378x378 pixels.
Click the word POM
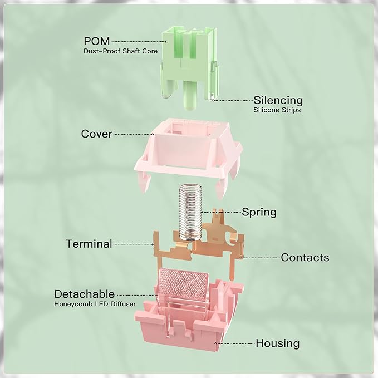tap(97, 41)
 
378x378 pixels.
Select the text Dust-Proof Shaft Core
tap(121, 51)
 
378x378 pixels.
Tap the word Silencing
tap(278, 101)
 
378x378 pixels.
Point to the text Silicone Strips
tap(277, 110)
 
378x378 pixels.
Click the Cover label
tap(97, 134)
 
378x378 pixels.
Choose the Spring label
tap(259, 213)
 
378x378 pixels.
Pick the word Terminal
tap(89, 244)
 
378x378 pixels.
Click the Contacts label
tap(305, 257)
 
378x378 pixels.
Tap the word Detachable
tap(85, 294)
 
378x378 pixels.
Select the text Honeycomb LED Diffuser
tap(95, 304)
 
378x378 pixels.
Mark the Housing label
tap(278, 343)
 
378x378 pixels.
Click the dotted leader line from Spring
tap(221, 213)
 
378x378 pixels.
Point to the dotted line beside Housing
tap(235, 343)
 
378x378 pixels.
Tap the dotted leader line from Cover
tap(133, 134)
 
